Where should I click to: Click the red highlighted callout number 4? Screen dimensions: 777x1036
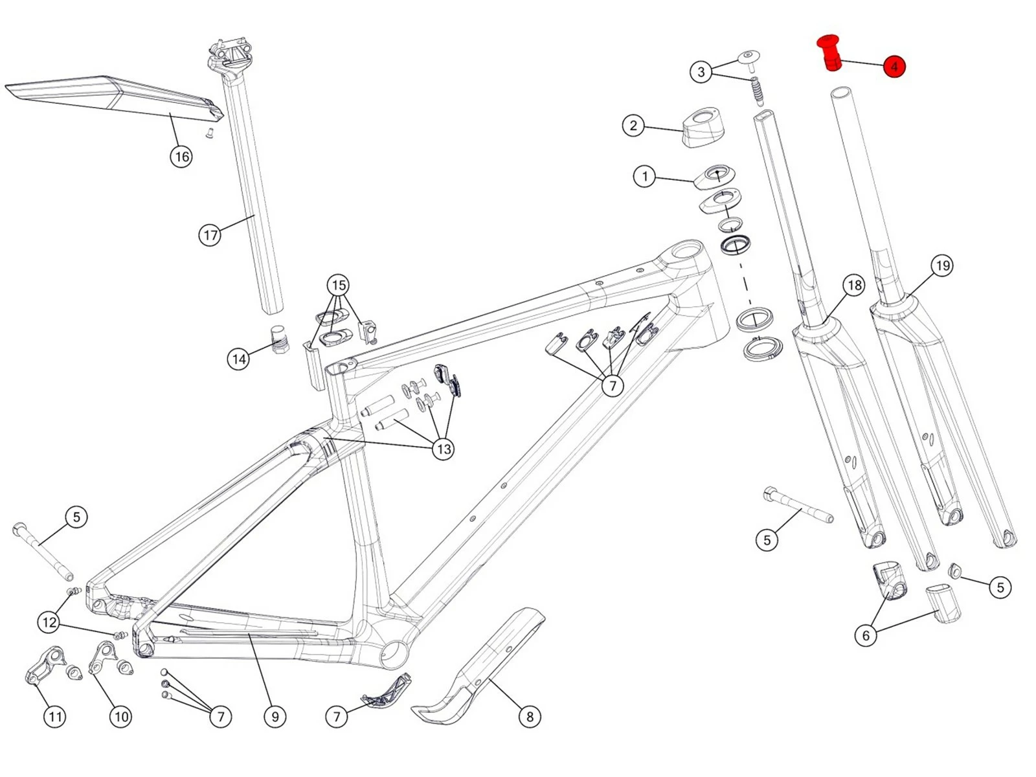(x=894, y=67)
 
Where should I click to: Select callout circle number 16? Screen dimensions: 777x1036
(x=181, y=156)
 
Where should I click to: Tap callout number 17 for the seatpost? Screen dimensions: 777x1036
(x=210, y=234)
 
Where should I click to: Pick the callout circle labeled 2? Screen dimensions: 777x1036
(x=633, y=126)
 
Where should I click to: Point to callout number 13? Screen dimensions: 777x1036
(x=444, y=449)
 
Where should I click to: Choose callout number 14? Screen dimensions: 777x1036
(x=239, y=359)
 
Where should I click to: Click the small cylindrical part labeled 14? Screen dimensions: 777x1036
(x=279, y=338)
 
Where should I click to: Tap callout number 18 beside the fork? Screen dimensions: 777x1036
(x=855, y=285)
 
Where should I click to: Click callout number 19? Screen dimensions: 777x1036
(x=942, y=265)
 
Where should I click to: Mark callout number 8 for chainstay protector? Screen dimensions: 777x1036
(x=530, y=716)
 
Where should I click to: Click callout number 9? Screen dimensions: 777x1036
(x=275, y=716)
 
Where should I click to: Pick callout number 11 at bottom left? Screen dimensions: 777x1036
(x=55, y=716)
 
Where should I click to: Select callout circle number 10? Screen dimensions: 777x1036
(x=121, y=716)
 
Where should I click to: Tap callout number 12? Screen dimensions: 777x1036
(x=49, y=623)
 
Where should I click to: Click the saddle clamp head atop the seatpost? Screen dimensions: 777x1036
(x=230, y=55)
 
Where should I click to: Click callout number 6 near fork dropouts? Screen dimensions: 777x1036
(x=866, y=635)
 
